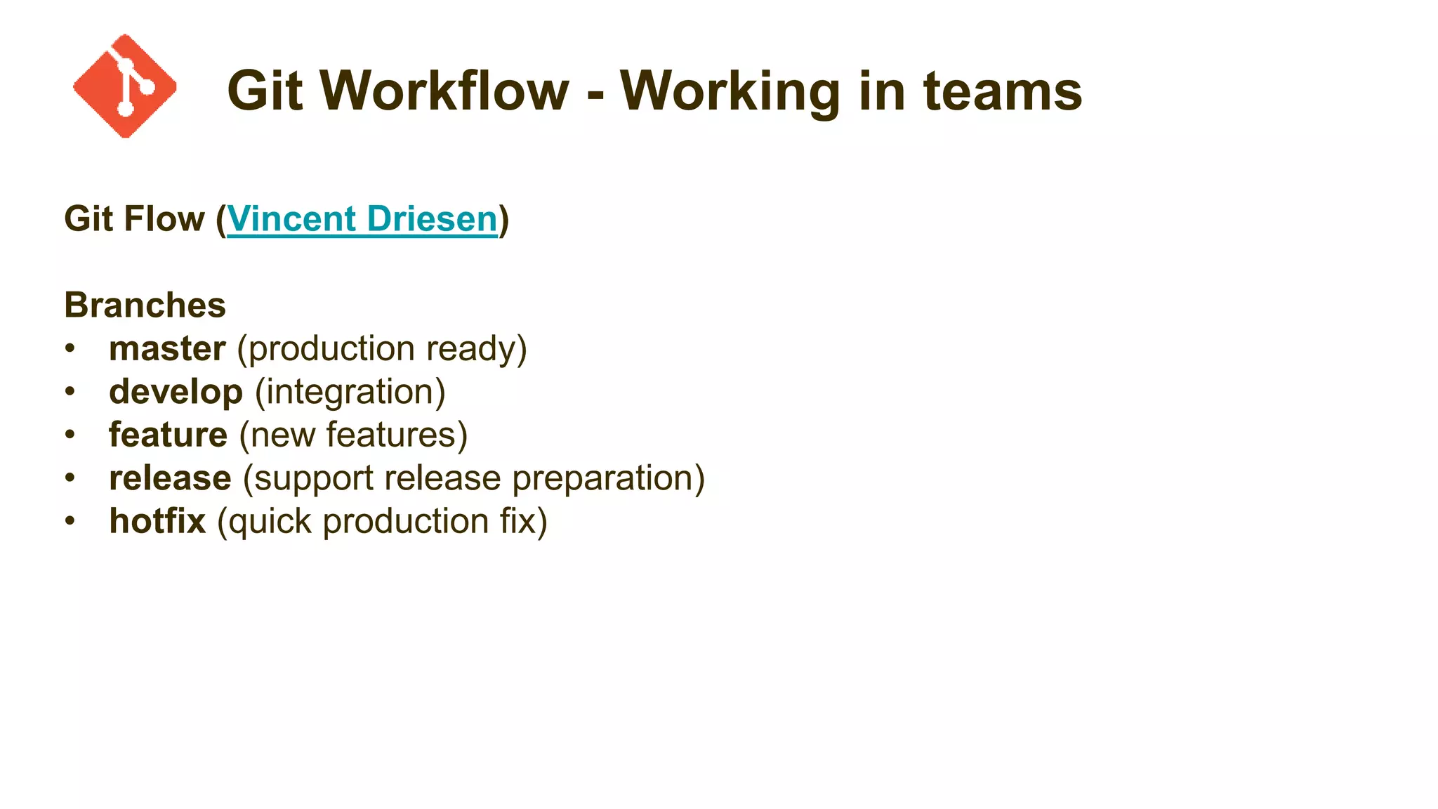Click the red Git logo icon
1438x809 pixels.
point(125,86)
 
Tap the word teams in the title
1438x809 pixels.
point(1003,91)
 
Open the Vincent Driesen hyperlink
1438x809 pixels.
point(362,219)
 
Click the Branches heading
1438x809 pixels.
point(145,305)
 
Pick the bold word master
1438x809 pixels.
point(167,349)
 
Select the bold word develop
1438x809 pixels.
point(176,393)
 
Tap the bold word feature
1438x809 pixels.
point(168,435)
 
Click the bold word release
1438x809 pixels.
point(170,479)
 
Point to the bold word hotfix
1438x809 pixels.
point(157,522)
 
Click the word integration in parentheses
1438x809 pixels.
point(350,393)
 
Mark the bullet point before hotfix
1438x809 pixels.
point(70,522)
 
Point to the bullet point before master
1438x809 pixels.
point(70,349)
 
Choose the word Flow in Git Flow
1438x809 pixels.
point(164,219)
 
